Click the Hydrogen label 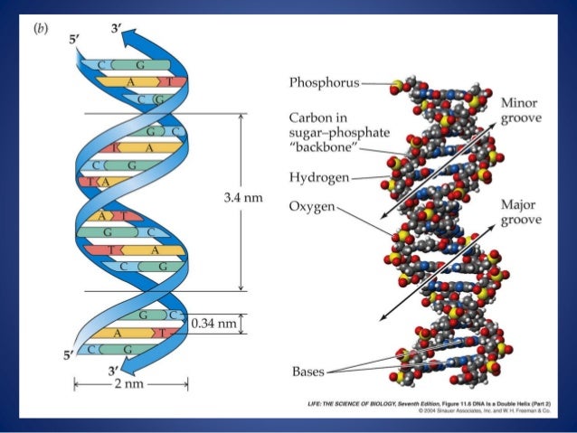coord(319,177)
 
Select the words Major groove coord(521,212)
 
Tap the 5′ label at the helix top coord(73,40)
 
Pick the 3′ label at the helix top coord(115,27)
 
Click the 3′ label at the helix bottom coord(112,371)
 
